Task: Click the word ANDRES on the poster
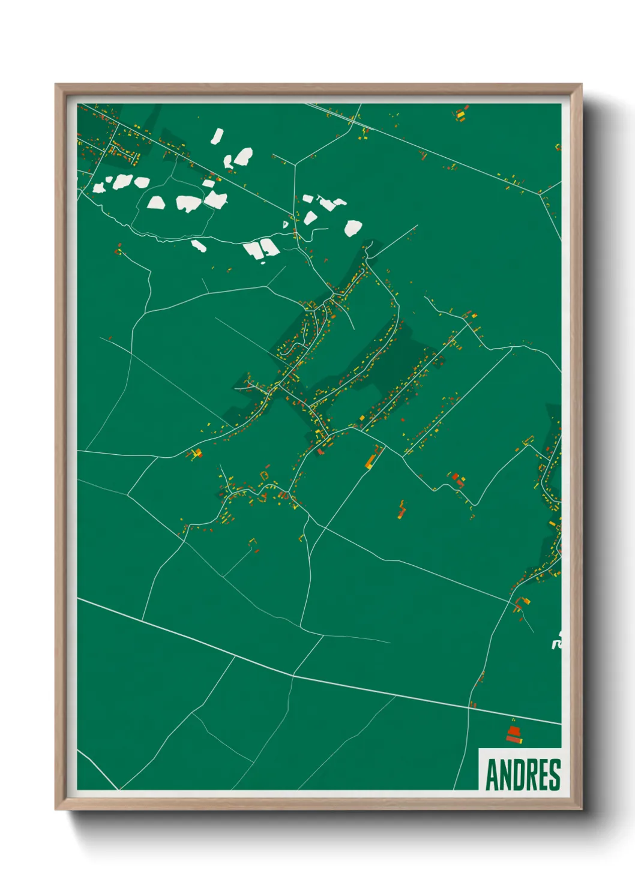(523, 775)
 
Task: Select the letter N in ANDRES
(505, 775)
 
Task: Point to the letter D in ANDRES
(517, 775)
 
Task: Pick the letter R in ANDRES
(530, 775)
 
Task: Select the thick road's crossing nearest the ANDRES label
(469, 706)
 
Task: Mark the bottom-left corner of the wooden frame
(56, 808)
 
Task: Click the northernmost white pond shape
(217, 136)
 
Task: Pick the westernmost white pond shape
(98, 188)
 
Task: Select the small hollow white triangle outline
(286, 225)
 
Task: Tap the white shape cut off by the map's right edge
(556, 643)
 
